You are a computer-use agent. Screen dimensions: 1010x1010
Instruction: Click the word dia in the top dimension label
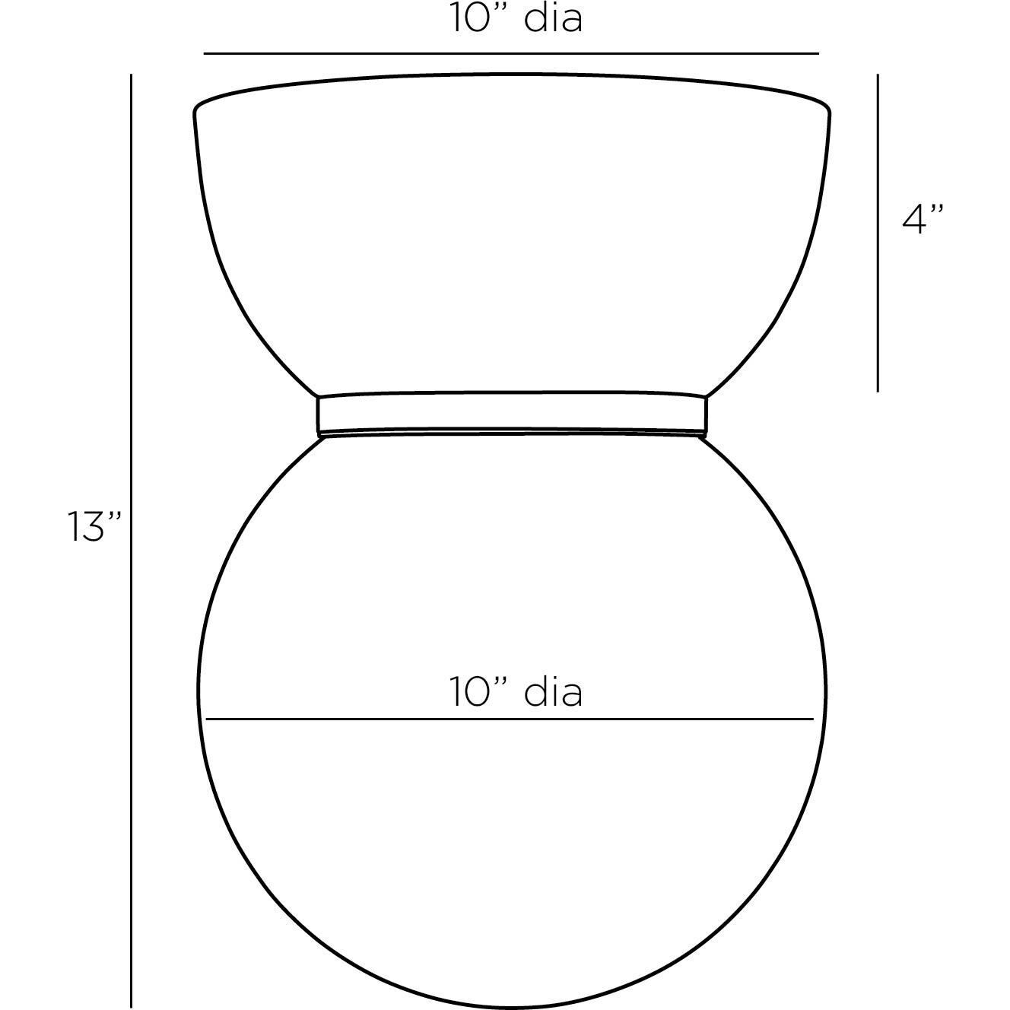click(553, 18)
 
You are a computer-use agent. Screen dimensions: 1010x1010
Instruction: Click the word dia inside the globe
click(553, 693)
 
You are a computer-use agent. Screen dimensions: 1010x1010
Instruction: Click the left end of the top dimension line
click(205, 54)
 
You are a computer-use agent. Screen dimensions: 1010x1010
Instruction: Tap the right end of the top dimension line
click(818, 54)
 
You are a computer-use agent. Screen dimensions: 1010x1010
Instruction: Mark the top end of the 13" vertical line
click(132, 75)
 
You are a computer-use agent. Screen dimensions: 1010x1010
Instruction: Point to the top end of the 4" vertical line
click(878, 75)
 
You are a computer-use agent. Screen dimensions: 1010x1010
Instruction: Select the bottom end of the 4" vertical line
click(878, 392)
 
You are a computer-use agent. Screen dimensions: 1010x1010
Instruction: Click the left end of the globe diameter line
click(206, 719)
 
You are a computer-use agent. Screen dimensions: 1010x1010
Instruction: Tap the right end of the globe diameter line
click(813, 719)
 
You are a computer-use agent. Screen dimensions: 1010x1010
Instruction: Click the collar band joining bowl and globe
click(512, 414)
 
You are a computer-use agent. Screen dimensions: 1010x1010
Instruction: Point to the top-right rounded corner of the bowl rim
click(826, 106)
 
